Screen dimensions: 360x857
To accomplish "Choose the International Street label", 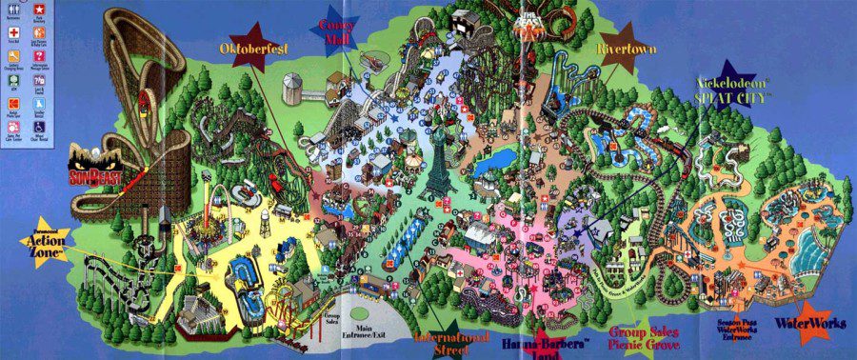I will pyautogui.click(x=452, y=344).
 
